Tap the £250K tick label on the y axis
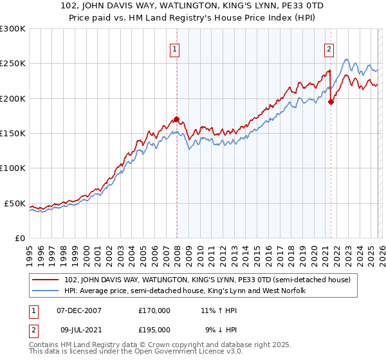tap(13, 64)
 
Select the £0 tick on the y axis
tap(19, 238)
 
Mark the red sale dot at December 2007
tap(176, 119)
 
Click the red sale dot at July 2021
tap(331, 102)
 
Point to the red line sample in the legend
tap(46, 280)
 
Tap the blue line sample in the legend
tap(46, 291)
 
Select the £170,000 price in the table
tap(154, 310)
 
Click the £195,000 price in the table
tap(154, 330)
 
